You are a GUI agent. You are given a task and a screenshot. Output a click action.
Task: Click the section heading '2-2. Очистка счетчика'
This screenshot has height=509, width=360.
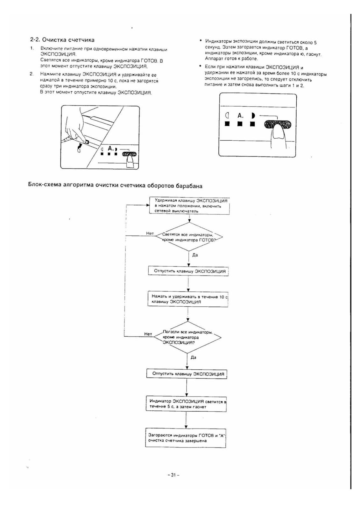pyautogui.click(x=62, y=40)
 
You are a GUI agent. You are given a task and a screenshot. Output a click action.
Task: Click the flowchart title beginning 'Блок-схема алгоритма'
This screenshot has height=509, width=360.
pyautogui.click(x=115, y=186)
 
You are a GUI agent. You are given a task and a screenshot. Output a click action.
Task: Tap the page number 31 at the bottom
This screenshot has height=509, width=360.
pyautogui.click(x=173, y=475)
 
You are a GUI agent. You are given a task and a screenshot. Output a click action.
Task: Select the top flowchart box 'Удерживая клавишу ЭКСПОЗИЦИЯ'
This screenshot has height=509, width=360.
pyautogui.click(x=189, y=206)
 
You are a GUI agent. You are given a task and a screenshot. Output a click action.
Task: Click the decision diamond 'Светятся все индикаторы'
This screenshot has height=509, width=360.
pyautogui.click(x=189, y=237)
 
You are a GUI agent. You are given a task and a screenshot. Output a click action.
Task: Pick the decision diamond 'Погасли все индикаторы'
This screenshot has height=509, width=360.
pyautogui.click(x=187, y=338)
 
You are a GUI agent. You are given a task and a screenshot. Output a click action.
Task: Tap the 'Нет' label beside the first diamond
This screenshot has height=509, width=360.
pyautogui.click(x=150, y=234)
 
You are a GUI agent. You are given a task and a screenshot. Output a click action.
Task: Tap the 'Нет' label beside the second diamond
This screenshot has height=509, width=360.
pyautogui.click(x=148, y=334)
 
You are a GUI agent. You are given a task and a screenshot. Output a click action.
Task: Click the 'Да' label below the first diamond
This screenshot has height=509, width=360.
pyautogui.click(x=195, y=255)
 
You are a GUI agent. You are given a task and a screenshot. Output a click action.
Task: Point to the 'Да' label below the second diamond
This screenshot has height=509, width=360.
pyautogui.click(x=193, y=358)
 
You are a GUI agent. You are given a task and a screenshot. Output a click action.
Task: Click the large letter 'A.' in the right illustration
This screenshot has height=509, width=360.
pyautogui.click(x=240, y=116)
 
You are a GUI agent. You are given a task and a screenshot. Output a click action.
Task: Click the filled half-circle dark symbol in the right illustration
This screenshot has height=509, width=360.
pyautogui.click(x=253, y=116)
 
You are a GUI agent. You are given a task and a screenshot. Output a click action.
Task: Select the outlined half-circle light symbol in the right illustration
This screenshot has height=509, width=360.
pyautogui.click(x=227, y=116)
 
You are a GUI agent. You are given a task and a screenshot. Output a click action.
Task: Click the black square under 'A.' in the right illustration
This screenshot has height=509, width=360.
pyautogui.click(x=240, y=124)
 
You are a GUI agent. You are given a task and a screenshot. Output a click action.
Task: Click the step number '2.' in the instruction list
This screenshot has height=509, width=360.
pyautogui.click(x=32, y=74)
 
